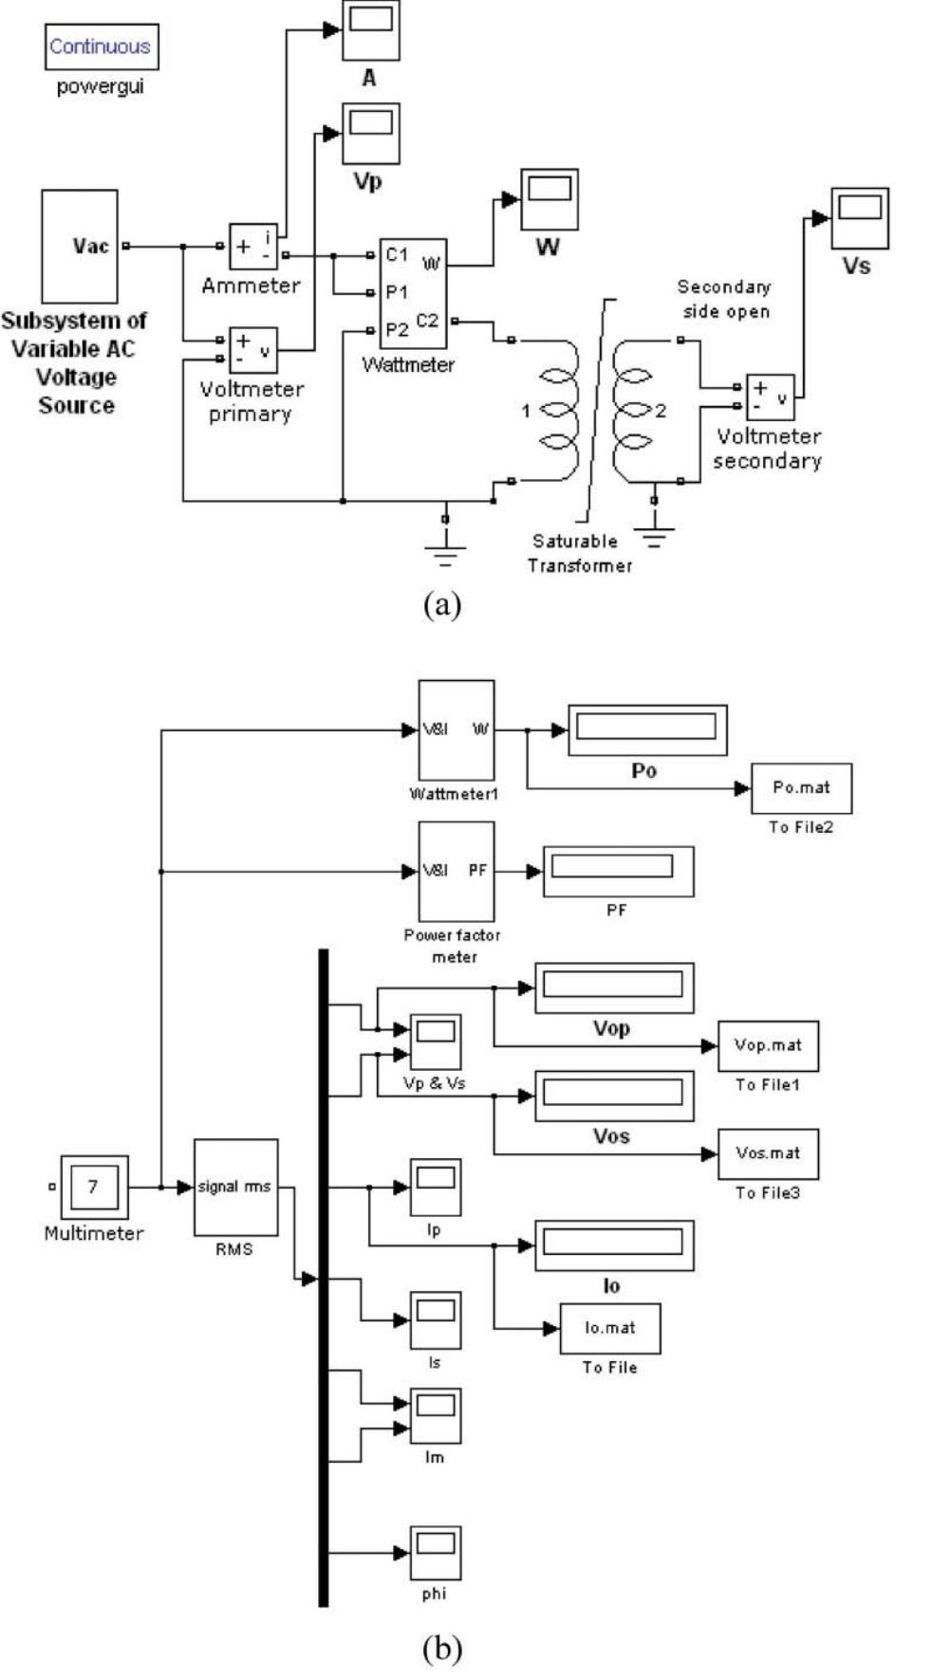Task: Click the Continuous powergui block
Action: [101, 46]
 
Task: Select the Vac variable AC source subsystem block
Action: [80, 246]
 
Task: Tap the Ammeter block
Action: [252, 247]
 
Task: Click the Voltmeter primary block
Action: [252, 350]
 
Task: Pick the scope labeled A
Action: [370, 30]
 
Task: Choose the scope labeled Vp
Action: [370, 134]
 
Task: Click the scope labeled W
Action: [549, 199]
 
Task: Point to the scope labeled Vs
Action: [859, 218]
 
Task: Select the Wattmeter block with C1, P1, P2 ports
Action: [413, 293]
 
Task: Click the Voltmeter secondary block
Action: [770, 397]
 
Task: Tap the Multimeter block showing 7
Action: [94, 1186]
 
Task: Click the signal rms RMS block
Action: [235, 1187]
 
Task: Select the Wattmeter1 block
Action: [456, 729]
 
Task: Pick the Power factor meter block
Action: [456, 871]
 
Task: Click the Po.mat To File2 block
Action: [801, 787]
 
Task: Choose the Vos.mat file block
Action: [768, 1153]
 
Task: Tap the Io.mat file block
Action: [609, 1328]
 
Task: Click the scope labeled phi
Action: [435, 1553]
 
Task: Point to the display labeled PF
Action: [617, 870]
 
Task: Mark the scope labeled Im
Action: [435, 1416]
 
